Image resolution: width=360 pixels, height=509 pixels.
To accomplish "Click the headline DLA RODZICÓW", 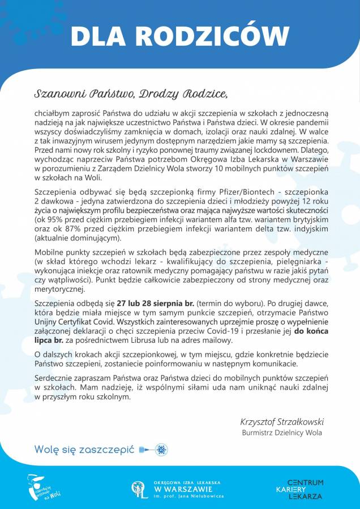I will (x=180, y=35).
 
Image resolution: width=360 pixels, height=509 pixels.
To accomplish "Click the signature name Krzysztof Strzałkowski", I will (x=281, y=422).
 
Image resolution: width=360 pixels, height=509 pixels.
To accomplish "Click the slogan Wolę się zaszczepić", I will (x=84, y=450).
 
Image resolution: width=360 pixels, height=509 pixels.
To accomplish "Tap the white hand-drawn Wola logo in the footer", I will (x=44, y=487).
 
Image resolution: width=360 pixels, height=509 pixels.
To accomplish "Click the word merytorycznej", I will (x=59, y=290).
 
